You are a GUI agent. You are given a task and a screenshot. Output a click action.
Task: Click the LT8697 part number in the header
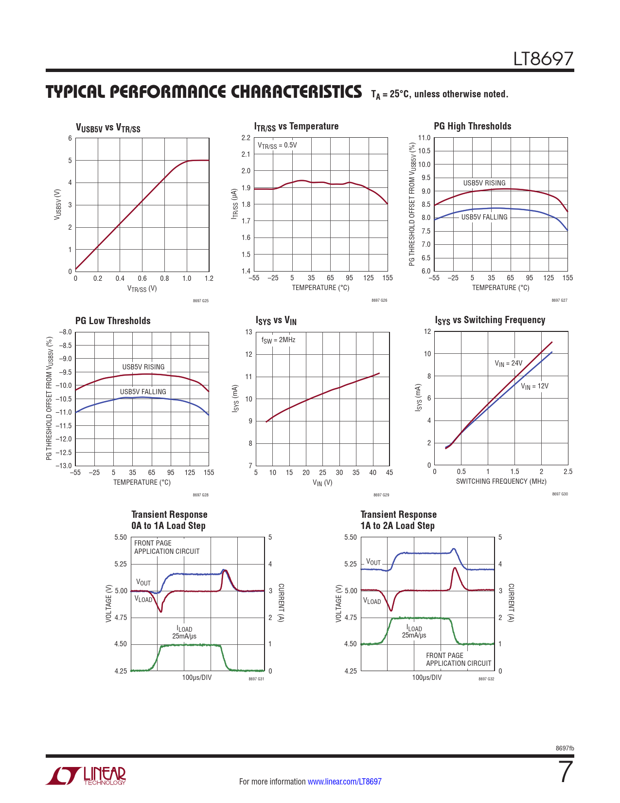(x=543, y=59)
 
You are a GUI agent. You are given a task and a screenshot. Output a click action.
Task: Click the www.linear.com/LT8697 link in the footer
(x=344, y=782)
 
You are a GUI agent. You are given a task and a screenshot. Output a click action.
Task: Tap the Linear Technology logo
(x=86, y=776)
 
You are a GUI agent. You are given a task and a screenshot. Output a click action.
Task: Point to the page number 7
(x=566, y=772)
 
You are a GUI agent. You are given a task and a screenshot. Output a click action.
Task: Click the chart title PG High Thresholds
(x=472, y=126)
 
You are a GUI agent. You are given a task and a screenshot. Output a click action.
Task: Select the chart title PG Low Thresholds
(x=113, y=321)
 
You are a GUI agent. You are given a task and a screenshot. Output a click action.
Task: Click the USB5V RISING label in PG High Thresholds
(x=484, y=183)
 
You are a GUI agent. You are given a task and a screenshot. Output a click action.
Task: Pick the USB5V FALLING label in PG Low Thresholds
(x=143, y=392)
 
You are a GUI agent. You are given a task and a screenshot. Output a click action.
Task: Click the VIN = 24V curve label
(x=508, y=363)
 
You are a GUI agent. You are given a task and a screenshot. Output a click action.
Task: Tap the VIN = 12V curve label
(x=534, y=386)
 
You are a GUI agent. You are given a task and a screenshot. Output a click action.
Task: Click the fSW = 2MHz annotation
(x=278, y=340)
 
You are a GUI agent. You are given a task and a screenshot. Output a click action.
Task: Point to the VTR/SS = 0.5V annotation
(x=277, y=146)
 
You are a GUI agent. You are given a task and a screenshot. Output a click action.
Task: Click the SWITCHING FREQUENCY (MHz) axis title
(x=501, y=481)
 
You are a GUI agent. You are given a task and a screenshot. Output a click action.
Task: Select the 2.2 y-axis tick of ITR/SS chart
(x=246, y=138)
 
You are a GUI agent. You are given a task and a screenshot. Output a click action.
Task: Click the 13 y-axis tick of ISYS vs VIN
(x=248, y=332)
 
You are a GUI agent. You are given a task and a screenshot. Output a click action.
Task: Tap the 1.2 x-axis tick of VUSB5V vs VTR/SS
(x=209, y=278)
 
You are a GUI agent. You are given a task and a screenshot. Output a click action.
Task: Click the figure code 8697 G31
(x=256, y=679)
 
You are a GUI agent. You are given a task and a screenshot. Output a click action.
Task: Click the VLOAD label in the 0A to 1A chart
(x=143, y=600)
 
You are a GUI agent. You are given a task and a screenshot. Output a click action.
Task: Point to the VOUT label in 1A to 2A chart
(x=373, y=563)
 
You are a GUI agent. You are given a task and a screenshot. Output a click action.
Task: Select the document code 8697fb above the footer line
(x=565, y=748)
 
